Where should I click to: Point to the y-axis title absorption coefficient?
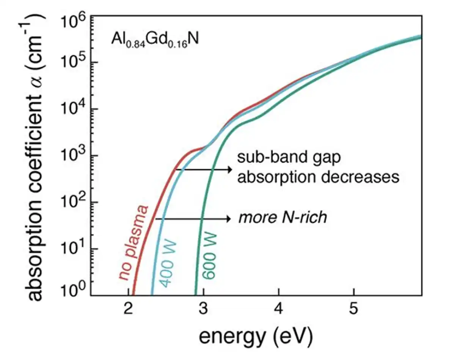[36, 159]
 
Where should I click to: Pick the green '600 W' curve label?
[209, 258]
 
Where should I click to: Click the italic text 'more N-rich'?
[282, 218]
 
